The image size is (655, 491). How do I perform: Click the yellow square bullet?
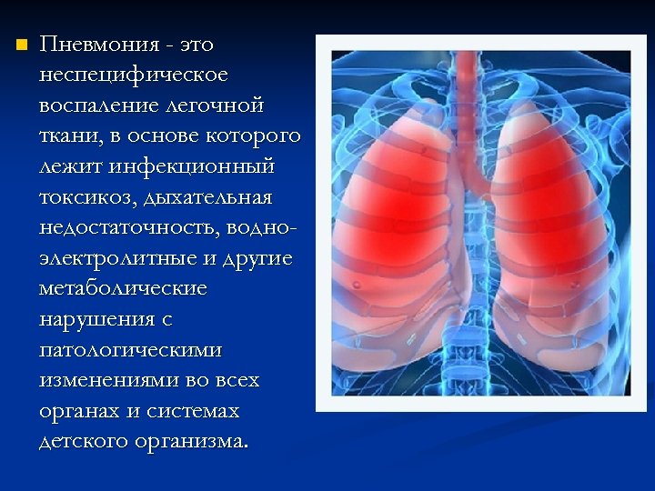[22, 44]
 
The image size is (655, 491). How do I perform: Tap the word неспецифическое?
[134, 75]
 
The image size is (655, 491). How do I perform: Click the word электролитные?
[118, 258]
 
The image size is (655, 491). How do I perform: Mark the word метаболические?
[123, 289]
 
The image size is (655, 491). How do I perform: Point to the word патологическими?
[130, 350]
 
